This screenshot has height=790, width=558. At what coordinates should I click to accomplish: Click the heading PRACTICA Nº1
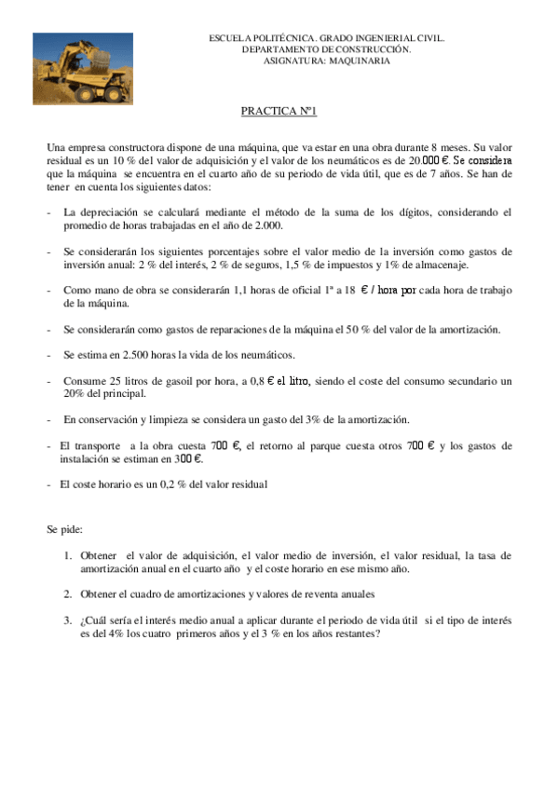click(x=279, y=111)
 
